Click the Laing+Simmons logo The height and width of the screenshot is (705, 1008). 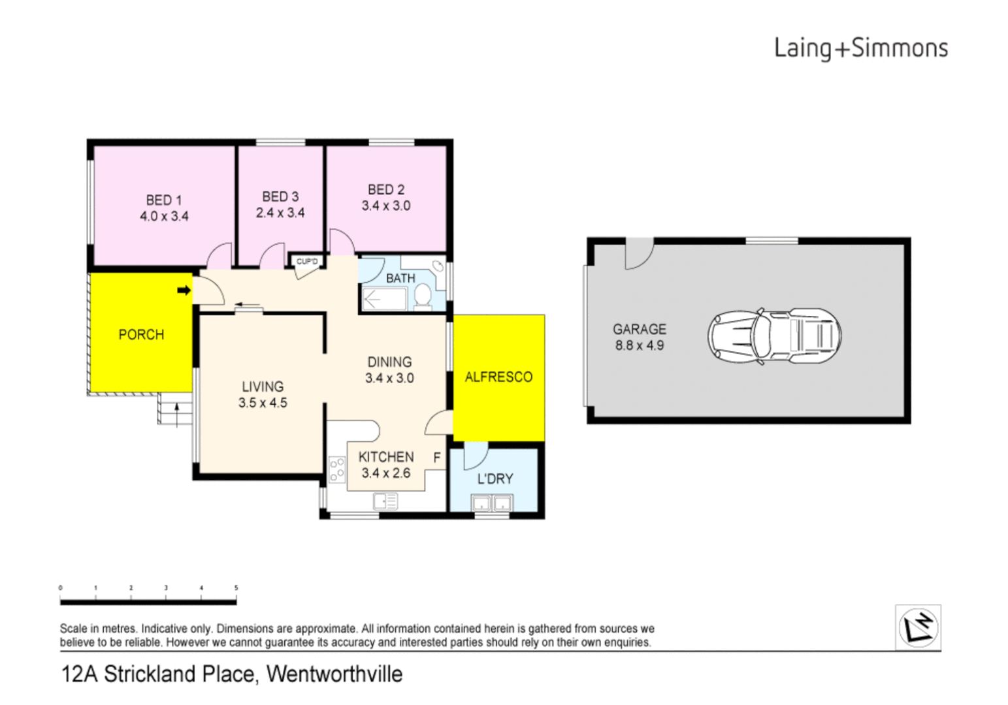[x=860, y=48]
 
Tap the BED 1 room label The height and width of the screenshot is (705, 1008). [x=163, y=200]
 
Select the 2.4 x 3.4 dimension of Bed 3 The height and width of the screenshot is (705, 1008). [x=280, y=213]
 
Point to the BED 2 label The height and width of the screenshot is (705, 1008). [x=386, y=189]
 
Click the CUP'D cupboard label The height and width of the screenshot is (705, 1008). [x=307, y=262]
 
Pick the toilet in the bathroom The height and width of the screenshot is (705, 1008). [x=423, y=297]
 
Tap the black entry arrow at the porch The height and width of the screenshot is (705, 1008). [x=184, y=290]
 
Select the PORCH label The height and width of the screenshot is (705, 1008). [x=141, y=335]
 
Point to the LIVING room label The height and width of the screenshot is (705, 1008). [x=263, y=386]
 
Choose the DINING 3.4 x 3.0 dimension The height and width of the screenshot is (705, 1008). [x=389, y=378]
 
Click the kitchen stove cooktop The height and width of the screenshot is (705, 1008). [x=337, y=469]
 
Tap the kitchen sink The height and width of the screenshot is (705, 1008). [x=385, y=501]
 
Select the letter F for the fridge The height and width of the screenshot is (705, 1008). [x=437, y=458]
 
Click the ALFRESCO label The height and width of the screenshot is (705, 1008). [x=498, y=377]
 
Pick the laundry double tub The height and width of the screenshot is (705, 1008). [x=492, y=503]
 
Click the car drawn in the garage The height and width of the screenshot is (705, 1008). [x=774, y=336]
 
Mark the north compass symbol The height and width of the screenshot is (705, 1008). [x=918, y=627]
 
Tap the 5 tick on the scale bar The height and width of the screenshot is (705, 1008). [x=236, y=588]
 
